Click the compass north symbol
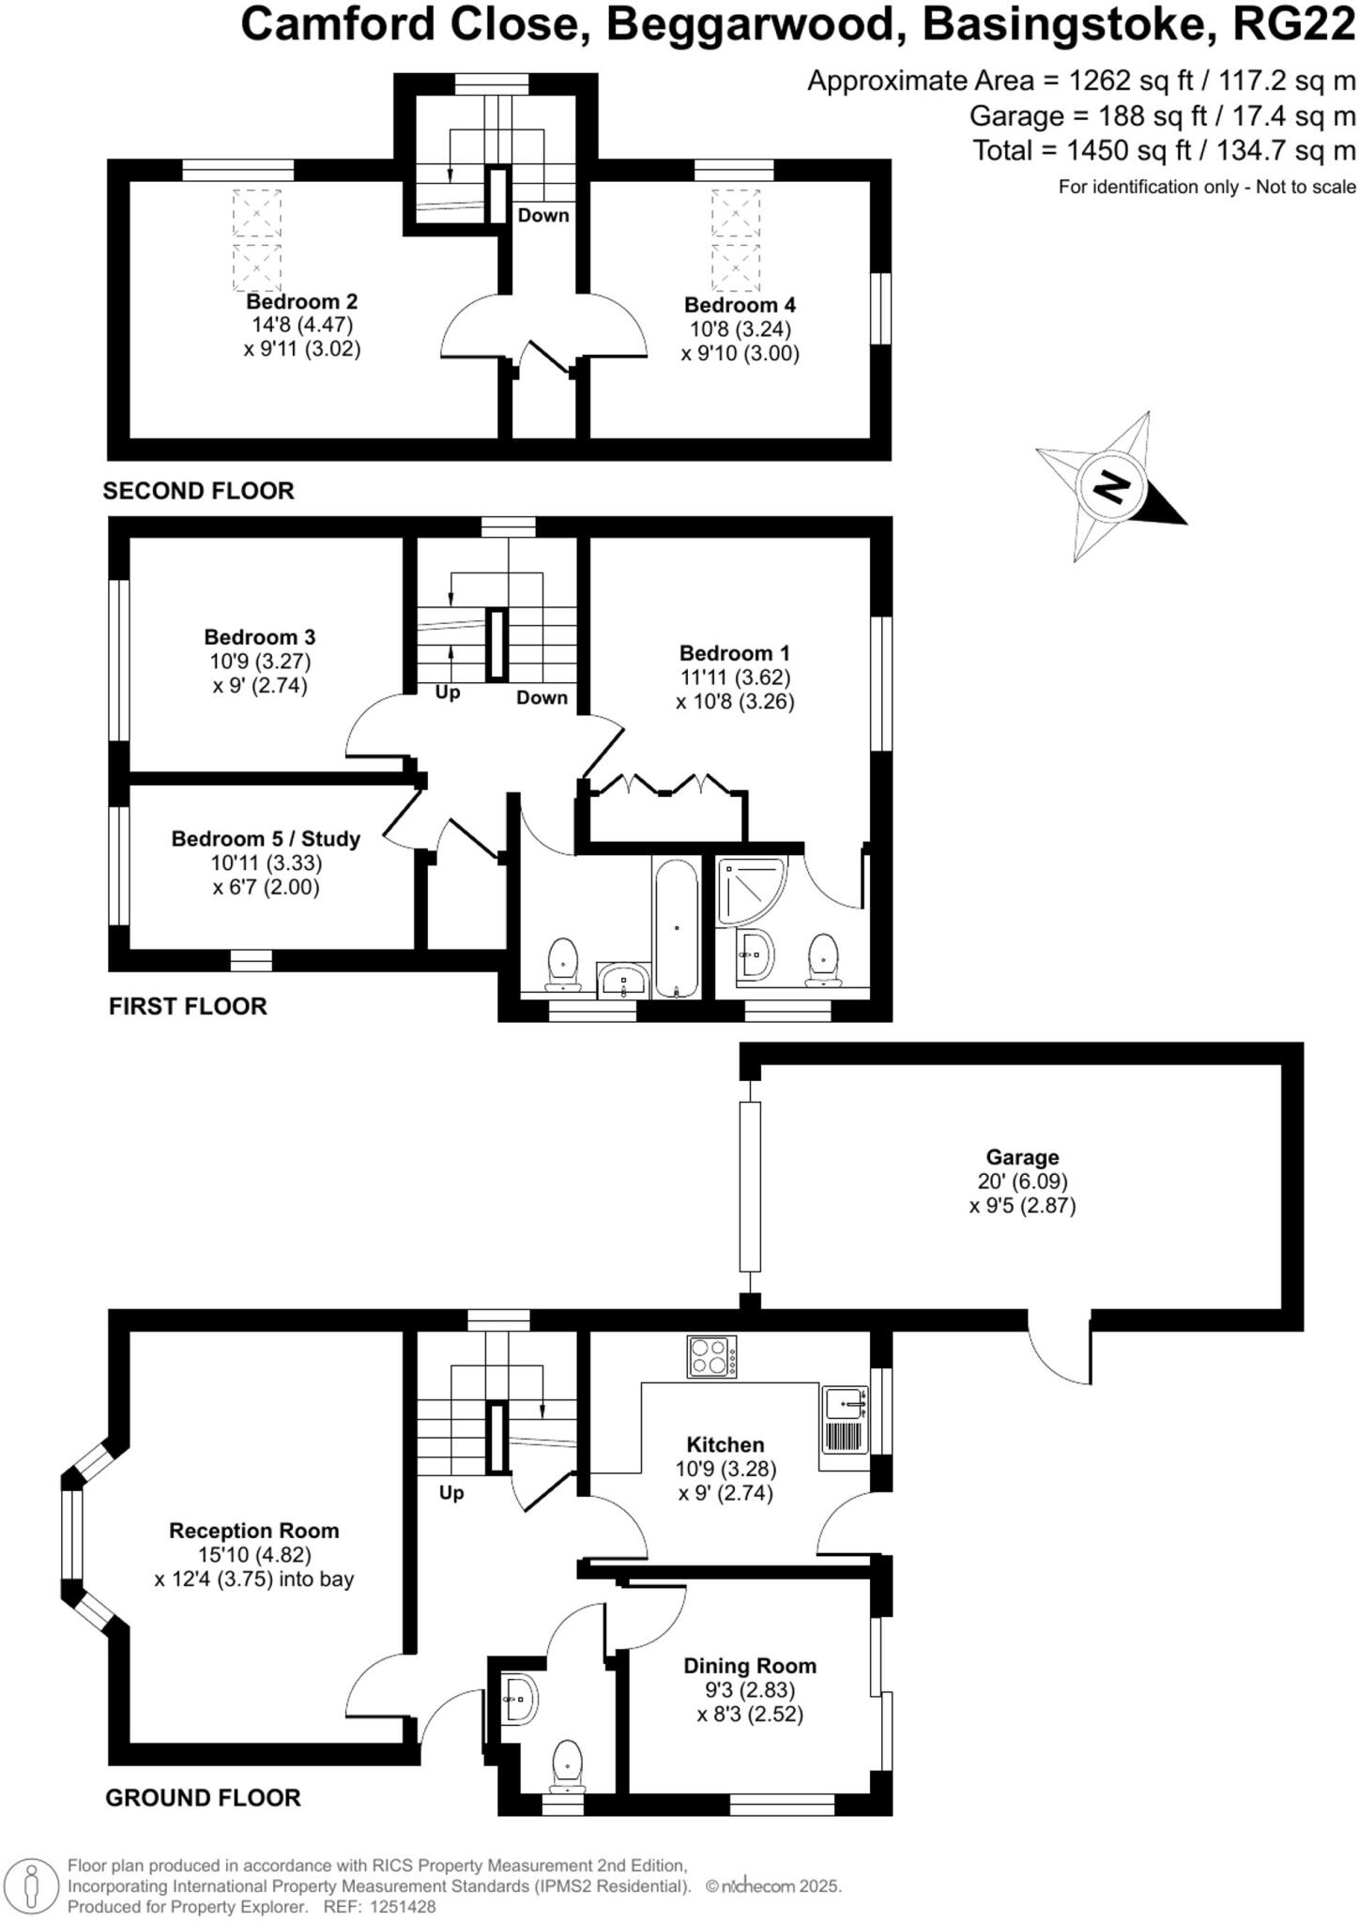1112,487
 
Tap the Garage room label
1021,1157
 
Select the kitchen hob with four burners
711,1356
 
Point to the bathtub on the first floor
676,928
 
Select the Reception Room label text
253,1531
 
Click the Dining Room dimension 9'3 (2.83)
749,1690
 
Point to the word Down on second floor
543,215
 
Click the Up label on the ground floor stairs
451,1492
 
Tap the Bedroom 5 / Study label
266,839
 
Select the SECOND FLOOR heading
198,491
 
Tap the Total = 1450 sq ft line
1164,150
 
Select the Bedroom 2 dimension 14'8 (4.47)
301,326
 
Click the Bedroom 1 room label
735,653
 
